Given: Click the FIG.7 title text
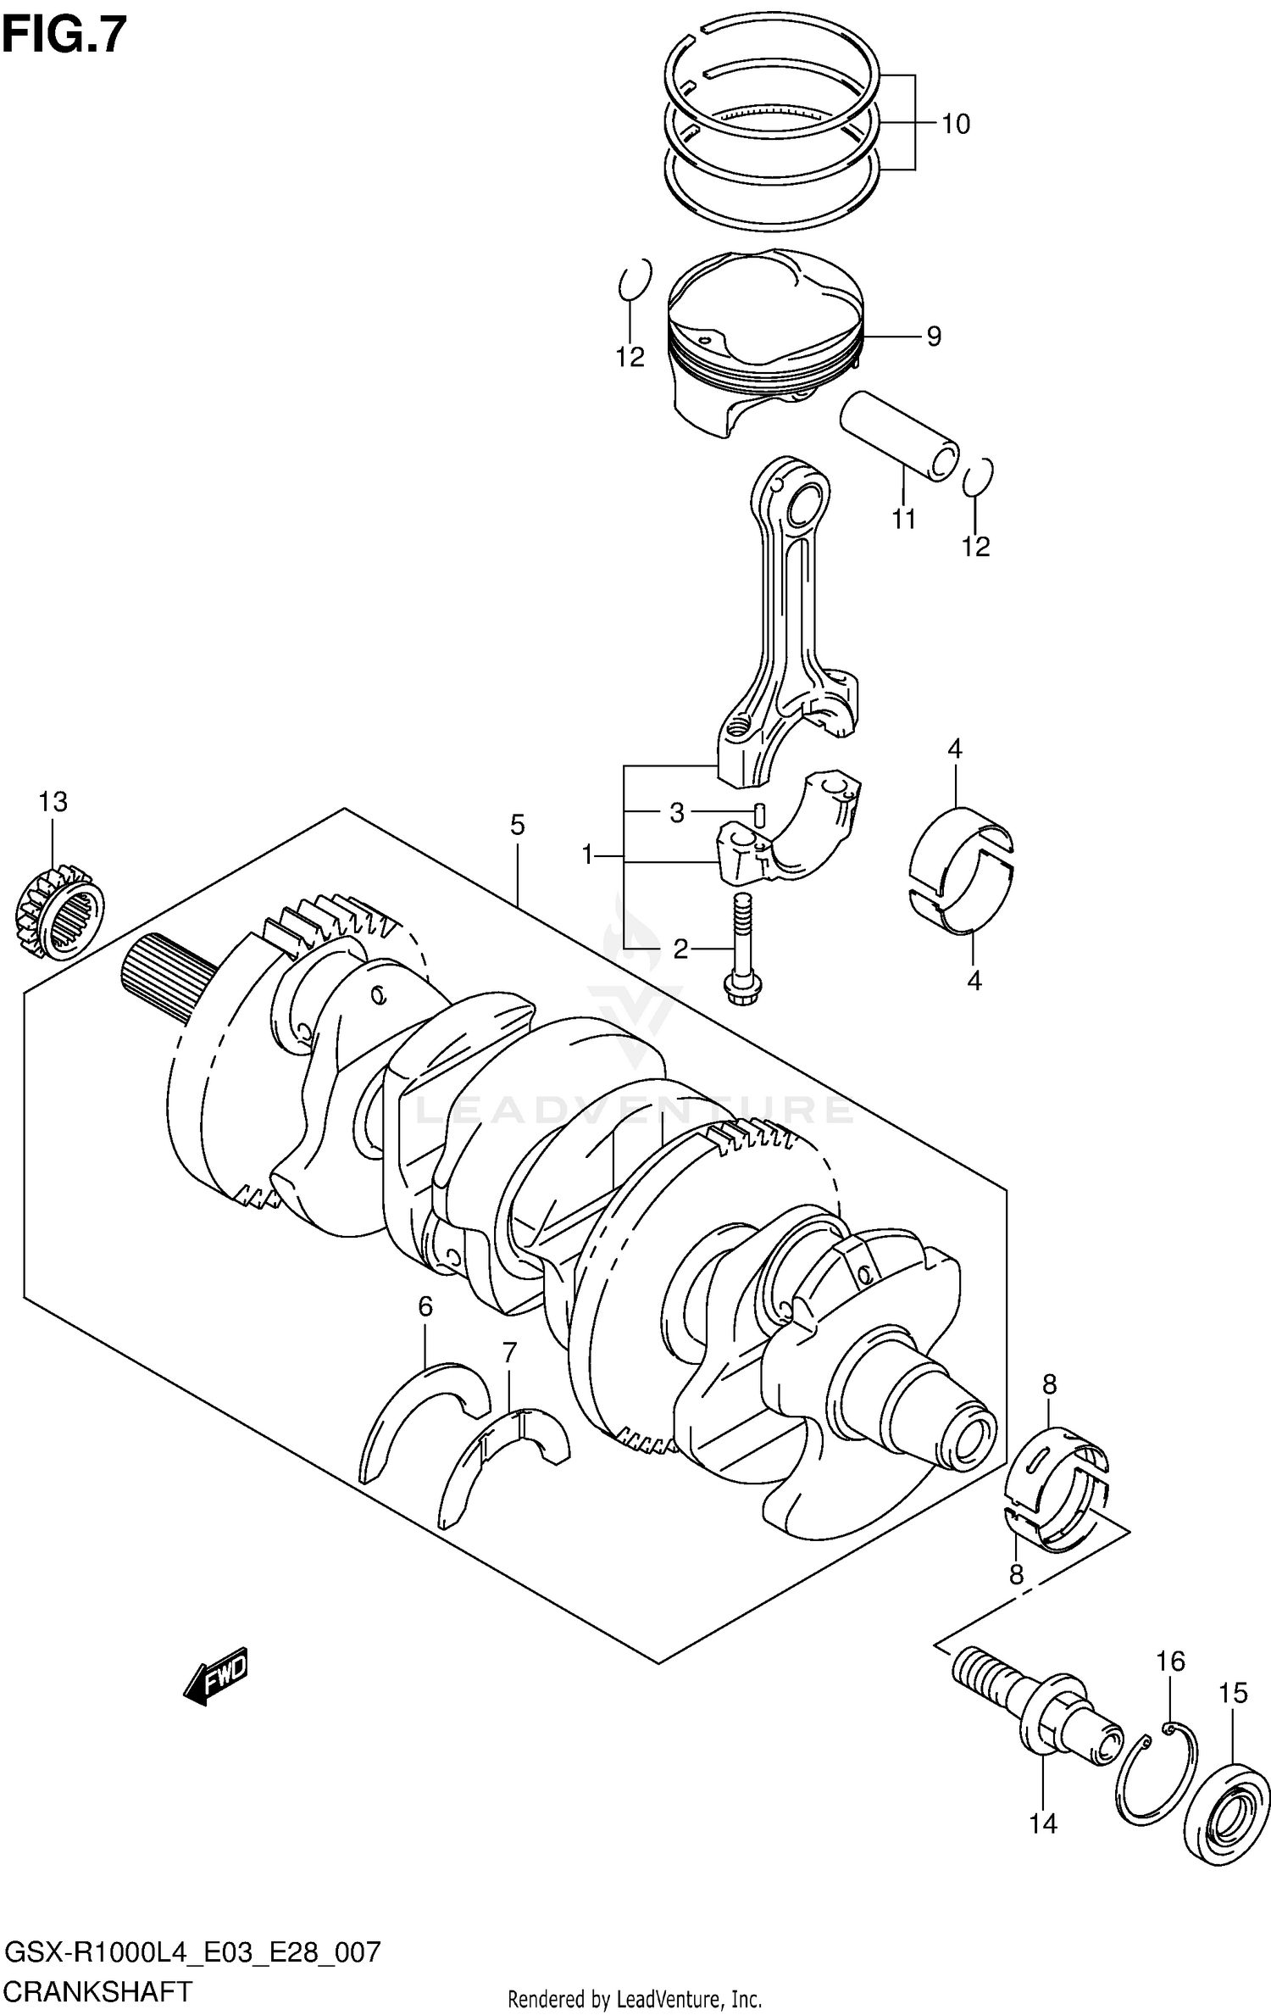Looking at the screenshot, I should click(x=64, y=36).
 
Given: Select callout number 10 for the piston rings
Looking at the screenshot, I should click(x=955, y=125).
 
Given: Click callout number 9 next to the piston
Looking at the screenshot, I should click(x=933, y=337).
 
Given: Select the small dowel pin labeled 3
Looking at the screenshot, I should click(x=760, y=814).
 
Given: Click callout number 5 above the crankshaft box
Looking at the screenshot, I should click(x=517, y=825).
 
